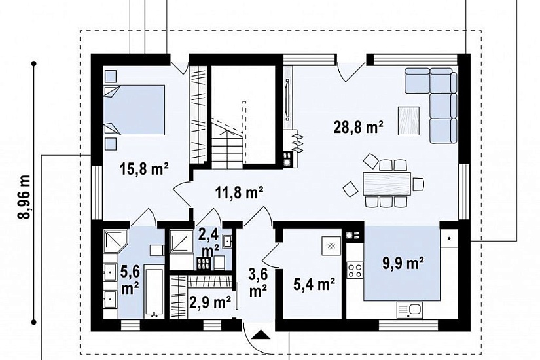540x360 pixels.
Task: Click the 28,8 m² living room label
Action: coord(358,128)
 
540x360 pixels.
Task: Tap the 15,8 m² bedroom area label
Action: coord(144,169)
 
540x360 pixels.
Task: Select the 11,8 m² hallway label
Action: coord(240,193)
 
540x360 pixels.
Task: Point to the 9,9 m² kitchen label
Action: coord(403,263)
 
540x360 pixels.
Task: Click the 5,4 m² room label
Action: coord(314,285)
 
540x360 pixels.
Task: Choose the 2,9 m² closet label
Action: coord(210,302)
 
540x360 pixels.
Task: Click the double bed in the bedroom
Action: coord(134,110)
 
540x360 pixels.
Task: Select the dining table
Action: coord(387,184)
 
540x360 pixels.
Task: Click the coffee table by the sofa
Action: coord(408,120)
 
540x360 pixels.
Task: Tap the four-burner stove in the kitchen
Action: coord(355,270)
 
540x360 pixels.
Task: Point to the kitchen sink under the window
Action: coord(410,310)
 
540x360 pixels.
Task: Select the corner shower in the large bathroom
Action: coord(116,242)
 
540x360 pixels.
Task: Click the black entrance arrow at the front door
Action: coord(261,334)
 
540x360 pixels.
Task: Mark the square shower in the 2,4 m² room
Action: coord(181,242)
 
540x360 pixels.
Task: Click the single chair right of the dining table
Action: coord(418,184)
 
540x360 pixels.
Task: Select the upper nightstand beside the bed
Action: coord(110,75)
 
